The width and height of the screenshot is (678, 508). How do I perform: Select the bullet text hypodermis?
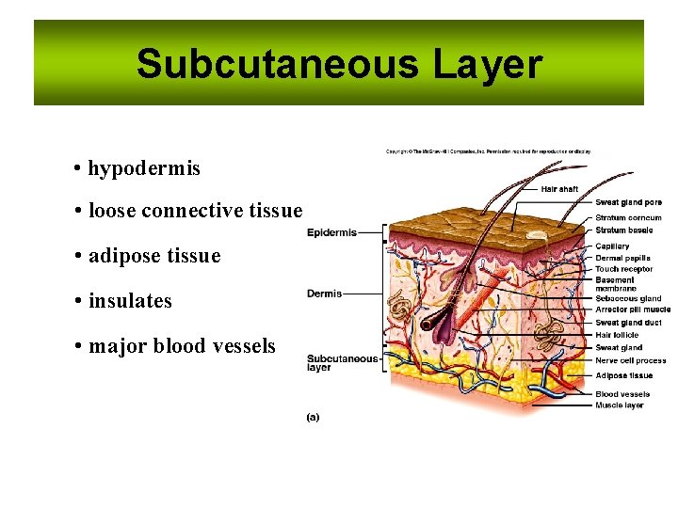144,168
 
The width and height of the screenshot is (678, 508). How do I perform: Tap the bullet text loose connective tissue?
195,211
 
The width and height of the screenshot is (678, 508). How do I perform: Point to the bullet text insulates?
130,301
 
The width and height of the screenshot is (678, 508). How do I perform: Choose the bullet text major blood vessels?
182,346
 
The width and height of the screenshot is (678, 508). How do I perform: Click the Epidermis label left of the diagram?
331,232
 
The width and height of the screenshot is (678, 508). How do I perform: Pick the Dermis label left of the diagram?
324,294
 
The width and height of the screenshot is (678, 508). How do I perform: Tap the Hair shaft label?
559,189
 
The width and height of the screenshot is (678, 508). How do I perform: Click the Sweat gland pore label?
628,202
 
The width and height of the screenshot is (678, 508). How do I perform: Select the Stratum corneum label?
628,218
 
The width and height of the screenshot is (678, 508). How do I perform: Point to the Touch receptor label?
623,269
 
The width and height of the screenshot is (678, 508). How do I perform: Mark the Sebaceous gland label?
628,299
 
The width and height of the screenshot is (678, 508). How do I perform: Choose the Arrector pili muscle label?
633,310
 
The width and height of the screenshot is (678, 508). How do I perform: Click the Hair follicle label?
617,335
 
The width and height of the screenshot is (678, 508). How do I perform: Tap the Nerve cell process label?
630,360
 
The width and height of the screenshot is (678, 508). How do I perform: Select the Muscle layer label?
619,405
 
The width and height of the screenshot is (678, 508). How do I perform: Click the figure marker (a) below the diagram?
313,417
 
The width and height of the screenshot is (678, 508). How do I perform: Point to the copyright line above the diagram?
488,151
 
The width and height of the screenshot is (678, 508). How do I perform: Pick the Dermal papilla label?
622,258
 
